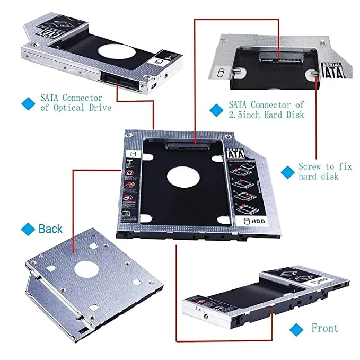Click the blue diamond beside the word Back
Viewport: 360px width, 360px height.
pyautogui.click(x=28, y=229)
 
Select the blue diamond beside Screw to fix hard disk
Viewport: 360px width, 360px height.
pyautogui.click(x=287, y=172)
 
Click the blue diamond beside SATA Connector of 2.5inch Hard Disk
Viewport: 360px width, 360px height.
pyautogui.click(x=215, y=110)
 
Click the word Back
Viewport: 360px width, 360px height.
pyautogui.click(x=50, y=229)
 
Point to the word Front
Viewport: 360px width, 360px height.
pyautogui.click(x=324, y=328)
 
